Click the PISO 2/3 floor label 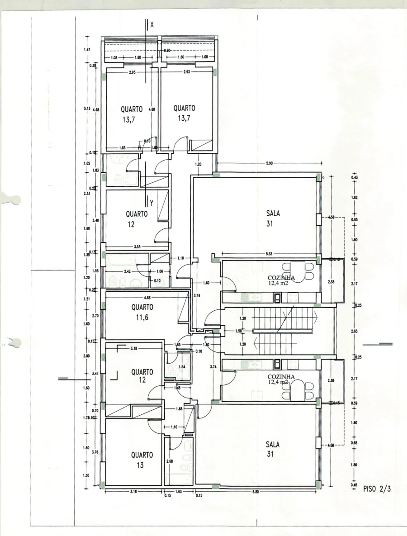pos(378,489)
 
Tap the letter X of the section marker pos(152,25)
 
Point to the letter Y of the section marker pos(152,204)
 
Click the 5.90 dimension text pos(269,164)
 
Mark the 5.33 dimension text pos(269,253)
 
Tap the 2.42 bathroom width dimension pos(128,271)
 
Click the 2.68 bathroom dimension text pos(169,461)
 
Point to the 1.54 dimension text pos(182,366)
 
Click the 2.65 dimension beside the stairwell pos(354,331)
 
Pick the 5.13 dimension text pos(86,109)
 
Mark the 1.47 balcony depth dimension pos(86,49)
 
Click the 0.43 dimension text pos(354,177)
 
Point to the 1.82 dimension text pos(354,197)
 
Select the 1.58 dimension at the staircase pos(239,331)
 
